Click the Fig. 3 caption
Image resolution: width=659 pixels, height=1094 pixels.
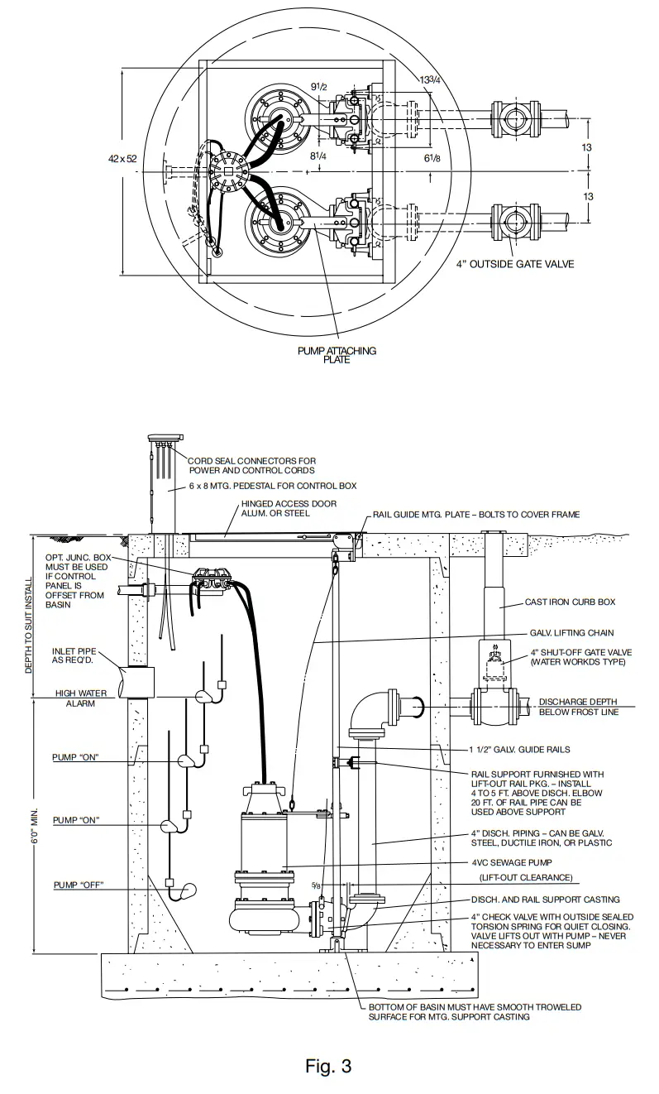[328, 1066]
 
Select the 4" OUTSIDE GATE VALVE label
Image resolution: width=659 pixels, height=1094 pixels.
[515, 264]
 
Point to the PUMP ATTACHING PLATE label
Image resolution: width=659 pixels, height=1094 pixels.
[337, 354]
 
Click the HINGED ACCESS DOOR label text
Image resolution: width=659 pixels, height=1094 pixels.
[276, 508]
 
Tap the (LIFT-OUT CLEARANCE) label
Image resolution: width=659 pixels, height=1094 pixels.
[525, 877]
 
